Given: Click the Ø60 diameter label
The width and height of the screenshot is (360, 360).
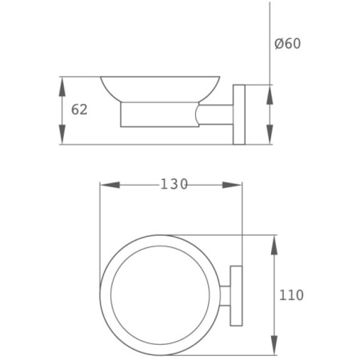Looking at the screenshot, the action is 287,44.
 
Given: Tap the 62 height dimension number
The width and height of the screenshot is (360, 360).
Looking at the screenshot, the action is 79,110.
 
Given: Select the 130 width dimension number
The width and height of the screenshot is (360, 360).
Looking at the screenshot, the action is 174,184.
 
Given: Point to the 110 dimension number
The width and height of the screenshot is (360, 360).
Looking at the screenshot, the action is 291,295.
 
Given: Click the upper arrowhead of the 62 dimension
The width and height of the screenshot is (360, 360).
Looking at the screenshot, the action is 62,86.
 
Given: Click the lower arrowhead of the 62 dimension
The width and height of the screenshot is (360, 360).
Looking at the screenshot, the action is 62,134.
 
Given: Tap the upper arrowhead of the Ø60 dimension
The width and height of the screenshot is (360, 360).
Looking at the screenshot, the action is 270,94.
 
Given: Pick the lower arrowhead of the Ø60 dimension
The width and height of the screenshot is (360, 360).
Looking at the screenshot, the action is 270,134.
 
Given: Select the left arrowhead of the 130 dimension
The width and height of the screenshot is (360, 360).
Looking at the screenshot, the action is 110,185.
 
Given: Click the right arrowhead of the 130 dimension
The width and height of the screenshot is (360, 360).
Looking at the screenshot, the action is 232,185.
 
